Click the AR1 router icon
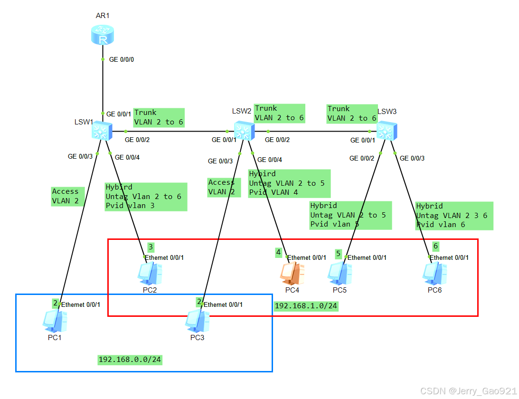click(x=103, y=35)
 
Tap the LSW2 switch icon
click(x=245, y=130)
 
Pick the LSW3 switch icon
click(x=387, y=130)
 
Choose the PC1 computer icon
click(x=55, y=321)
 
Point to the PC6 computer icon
click(x=434, y=273)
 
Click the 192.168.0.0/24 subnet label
click(x=130, y=360)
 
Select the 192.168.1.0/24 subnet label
click(x=306, y=306)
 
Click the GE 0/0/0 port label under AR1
click(x=122, y=60)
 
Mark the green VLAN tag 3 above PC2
click(x=151, y=247)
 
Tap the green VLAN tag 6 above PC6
click(x=435, y=246)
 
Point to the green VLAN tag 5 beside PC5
click(x=339, y=254)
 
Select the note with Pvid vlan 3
click(x=145, y=197)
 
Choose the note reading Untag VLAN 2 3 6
click(x=453, y=216)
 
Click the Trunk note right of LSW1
click(x=158, y=117)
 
